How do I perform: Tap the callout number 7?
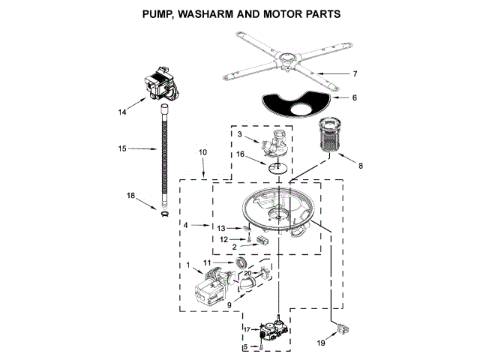pyautogui.click(x=355, y=73)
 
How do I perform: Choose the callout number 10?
pyautogui.click(x=202, y=152)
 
